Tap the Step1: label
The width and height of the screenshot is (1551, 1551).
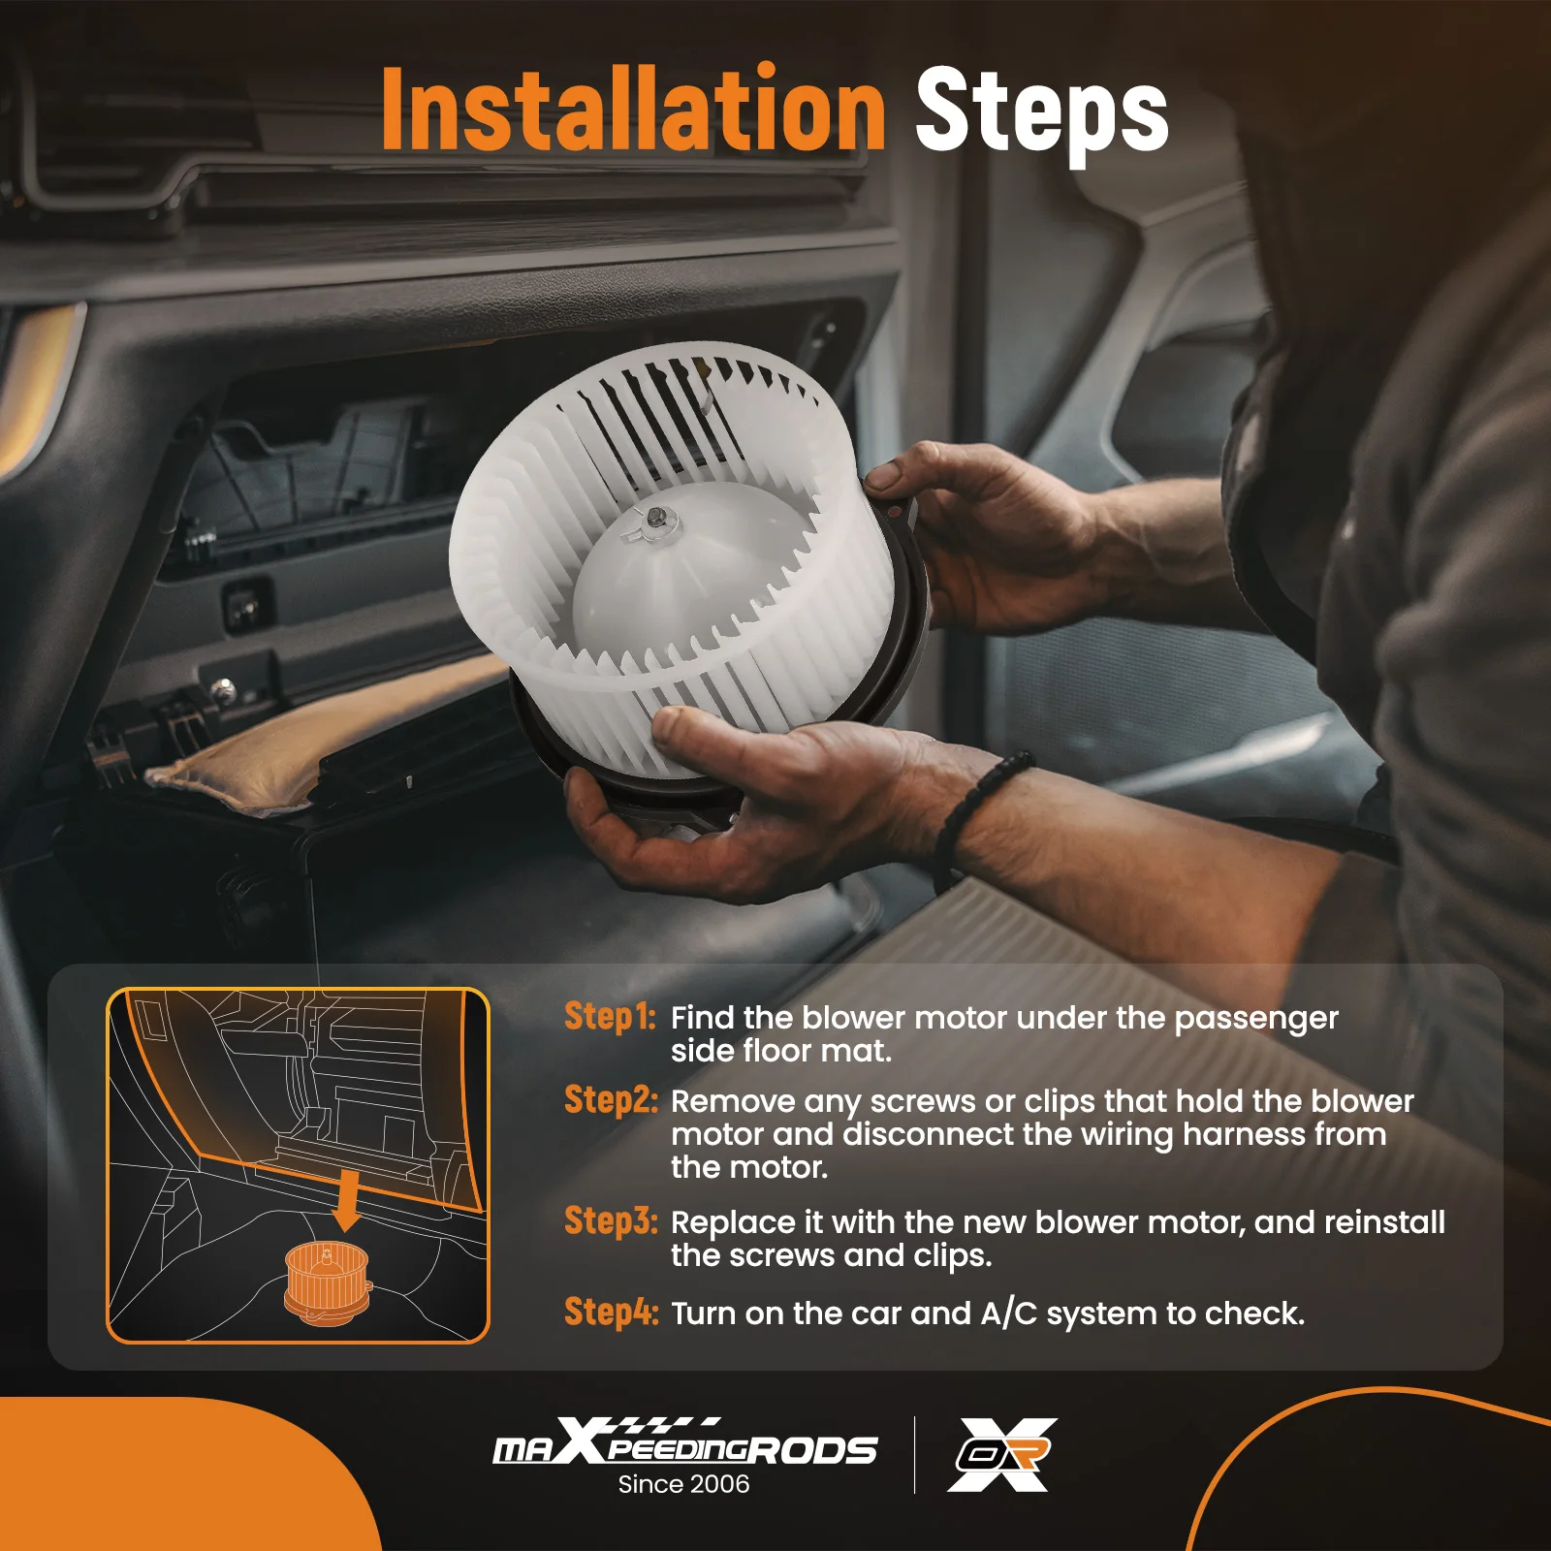610,1017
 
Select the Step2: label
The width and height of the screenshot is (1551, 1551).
611,1100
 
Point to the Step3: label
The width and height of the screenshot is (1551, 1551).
611,1221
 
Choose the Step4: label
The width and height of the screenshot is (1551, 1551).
611,1313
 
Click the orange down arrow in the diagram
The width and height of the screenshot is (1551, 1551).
346,1202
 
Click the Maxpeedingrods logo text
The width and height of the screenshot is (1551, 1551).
684,1447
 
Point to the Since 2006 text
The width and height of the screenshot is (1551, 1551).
683,1484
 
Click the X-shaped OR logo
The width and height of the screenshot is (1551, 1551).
1002,1454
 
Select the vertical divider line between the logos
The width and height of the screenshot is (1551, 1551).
914,1454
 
